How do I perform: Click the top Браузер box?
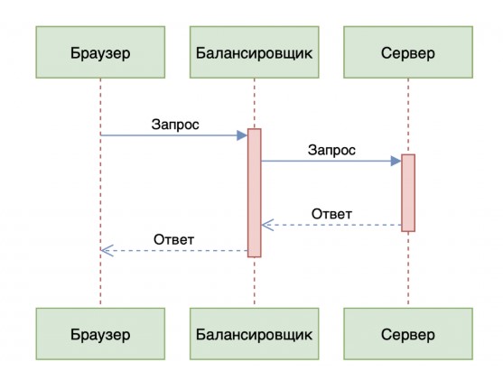click(100, 52)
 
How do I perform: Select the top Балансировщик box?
click(255, 52)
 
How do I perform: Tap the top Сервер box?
click(408, 52)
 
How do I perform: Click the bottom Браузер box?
click(100, 334)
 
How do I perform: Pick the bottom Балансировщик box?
click(255, 334)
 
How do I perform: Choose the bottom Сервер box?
click(408, 334)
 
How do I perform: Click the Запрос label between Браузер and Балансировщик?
click(175, 125)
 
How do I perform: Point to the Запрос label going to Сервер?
click(331, 151)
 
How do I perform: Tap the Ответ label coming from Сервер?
click(331, 214)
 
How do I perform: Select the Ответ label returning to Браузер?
click(174, 239)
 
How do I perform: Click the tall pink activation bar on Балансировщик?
click(255, 192)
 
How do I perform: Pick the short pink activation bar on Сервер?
click(408, 192)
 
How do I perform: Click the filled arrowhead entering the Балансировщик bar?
click(242, 135)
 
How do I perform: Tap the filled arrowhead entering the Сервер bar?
click(396, 161)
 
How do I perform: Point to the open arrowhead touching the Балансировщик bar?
click(267, 225)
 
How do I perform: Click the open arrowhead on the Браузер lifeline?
click(107, 251)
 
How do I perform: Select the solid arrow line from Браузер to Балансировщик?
click(174, 135)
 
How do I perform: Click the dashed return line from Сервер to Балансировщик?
click(331, 225)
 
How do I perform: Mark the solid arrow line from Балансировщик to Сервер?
click(331, 161)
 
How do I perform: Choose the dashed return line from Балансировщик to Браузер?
click(174, 251)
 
